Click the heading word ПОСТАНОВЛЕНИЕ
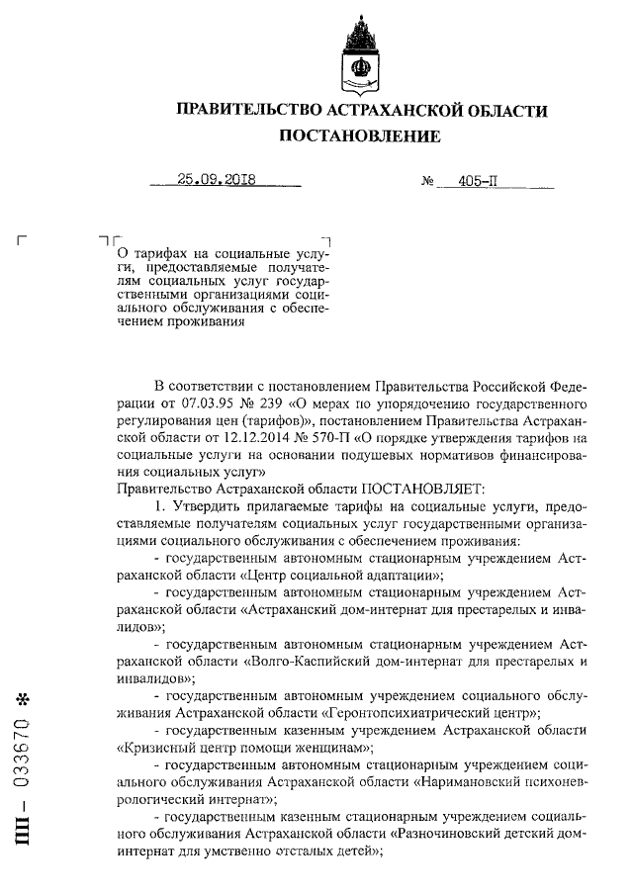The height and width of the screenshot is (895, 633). [359, 135]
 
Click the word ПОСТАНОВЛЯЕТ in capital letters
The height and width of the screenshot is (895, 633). [421, 489]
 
